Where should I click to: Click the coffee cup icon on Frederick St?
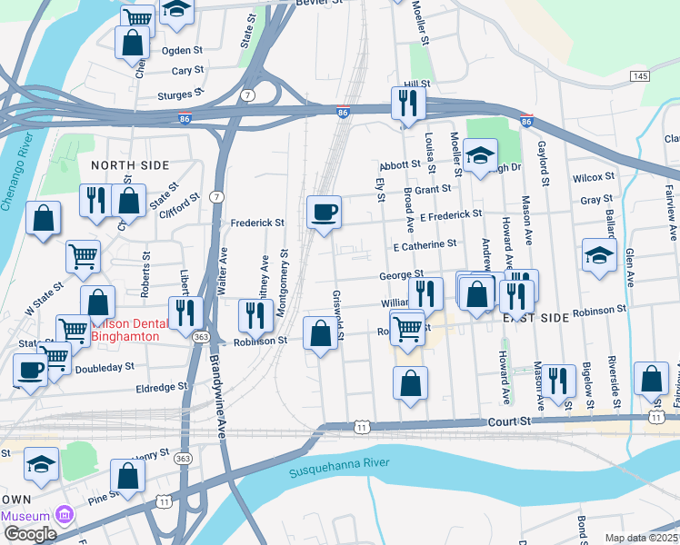(x=325, y=213)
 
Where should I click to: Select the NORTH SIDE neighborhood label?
(x=130, y=164)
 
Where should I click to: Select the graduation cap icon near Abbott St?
(x=479, y=155)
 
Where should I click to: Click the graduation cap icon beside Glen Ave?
(x=599, y=255)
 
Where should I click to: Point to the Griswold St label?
(x=337, y=317)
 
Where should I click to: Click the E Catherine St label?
(x=425, y=245)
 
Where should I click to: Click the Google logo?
(x=30, y=534)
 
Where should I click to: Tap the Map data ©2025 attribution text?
(x=641, y=538)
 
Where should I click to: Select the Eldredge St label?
(x=160, y=386)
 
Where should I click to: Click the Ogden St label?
(x=182, y=51)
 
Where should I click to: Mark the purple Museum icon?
(x=63, y=515)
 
